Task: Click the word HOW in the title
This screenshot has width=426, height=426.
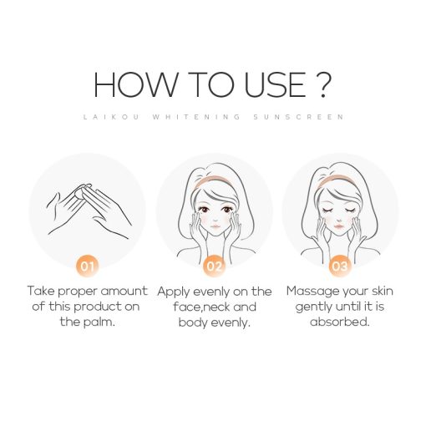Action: pos(135,84)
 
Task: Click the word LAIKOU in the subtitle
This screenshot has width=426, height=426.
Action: pos(111,117)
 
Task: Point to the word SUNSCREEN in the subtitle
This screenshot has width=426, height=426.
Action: pos(299,117)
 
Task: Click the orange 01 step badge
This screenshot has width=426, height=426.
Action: pos(88,266)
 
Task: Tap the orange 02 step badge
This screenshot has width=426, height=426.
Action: pos(214,266)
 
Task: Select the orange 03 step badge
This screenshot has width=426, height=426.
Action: pos(340,266)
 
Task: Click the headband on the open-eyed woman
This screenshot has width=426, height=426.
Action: pos(213,180)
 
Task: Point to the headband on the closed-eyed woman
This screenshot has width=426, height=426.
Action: pos(337,180)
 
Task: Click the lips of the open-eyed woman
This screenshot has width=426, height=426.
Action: pos(216,226)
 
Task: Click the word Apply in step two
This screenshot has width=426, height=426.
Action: pos(174,292)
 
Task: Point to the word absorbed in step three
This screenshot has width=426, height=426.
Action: pos(339,322)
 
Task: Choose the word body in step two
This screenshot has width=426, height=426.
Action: pos(193,322)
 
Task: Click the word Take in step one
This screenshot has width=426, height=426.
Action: pos(42,291)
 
